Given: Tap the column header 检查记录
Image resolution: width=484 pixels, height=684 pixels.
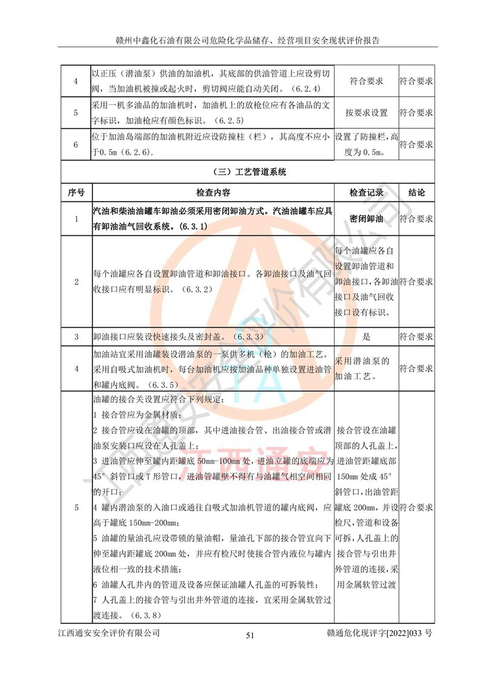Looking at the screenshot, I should (366, 193).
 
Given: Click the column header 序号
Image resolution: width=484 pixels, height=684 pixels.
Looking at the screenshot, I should (76, 193).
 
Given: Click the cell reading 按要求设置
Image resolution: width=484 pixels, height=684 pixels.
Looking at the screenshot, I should (366, 113).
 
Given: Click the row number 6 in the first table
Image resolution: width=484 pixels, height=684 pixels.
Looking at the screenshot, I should (76, 145).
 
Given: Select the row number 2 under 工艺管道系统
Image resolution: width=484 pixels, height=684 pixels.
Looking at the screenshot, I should (76, 282).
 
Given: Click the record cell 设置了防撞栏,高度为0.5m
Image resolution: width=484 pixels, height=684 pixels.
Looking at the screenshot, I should (366, 145).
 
